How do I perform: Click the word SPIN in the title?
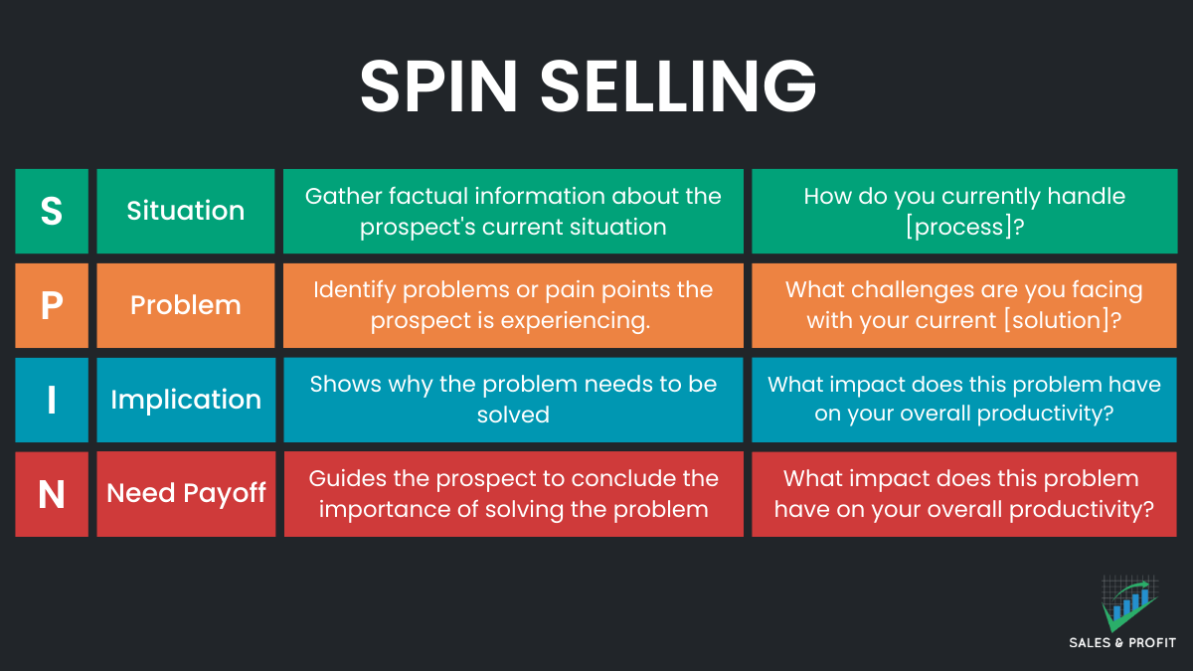click(x=438, y=86)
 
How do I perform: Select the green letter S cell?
click(x=52, y=211)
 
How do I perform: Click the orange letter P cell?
click(x=52, y=305)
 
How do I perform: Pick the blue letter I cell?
click(x=52, y=400)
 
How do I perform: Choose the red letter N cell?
click(x=52, y=494)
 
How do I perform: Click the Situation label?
click(x=186, y=211)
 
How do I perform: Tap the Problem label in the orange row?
click(x=186, y=305)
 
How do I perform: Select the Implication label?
click(x=186, y=400)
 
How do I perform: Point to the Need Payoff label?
click(x=186, y=494)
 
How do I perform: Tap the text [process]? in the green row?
click(x=963, y=227)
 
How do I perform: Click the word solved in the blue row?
click(x=513, y=416)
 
